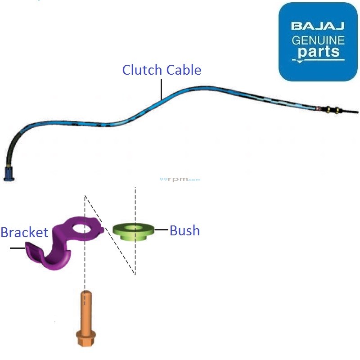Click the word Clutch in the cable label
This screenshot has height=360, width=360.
[x=143, y=70]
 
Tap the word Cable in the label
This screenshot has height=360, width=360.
[x=184, y=70]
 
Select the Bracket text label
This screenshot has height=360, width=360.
[x=24, y=232]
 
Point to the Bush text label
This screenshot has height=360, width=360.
[x=184, y=231]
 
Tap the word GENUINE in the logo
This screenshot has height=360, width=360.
[x=318, y=40]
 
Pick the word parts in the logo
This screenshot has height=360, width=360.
[x=318, y=51]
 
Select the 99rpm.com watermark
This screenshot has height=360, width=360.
[x=180, y=180]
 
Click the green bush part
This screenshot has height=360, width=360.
[x=133, y=232]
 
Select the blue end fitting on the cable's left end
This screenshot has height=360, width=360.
[x=9, y=174]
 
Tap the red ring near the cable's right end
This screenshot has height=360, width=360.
[x=319, y=108]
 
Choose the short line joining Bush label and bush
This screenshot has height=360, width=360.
[x=161, y=230]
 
